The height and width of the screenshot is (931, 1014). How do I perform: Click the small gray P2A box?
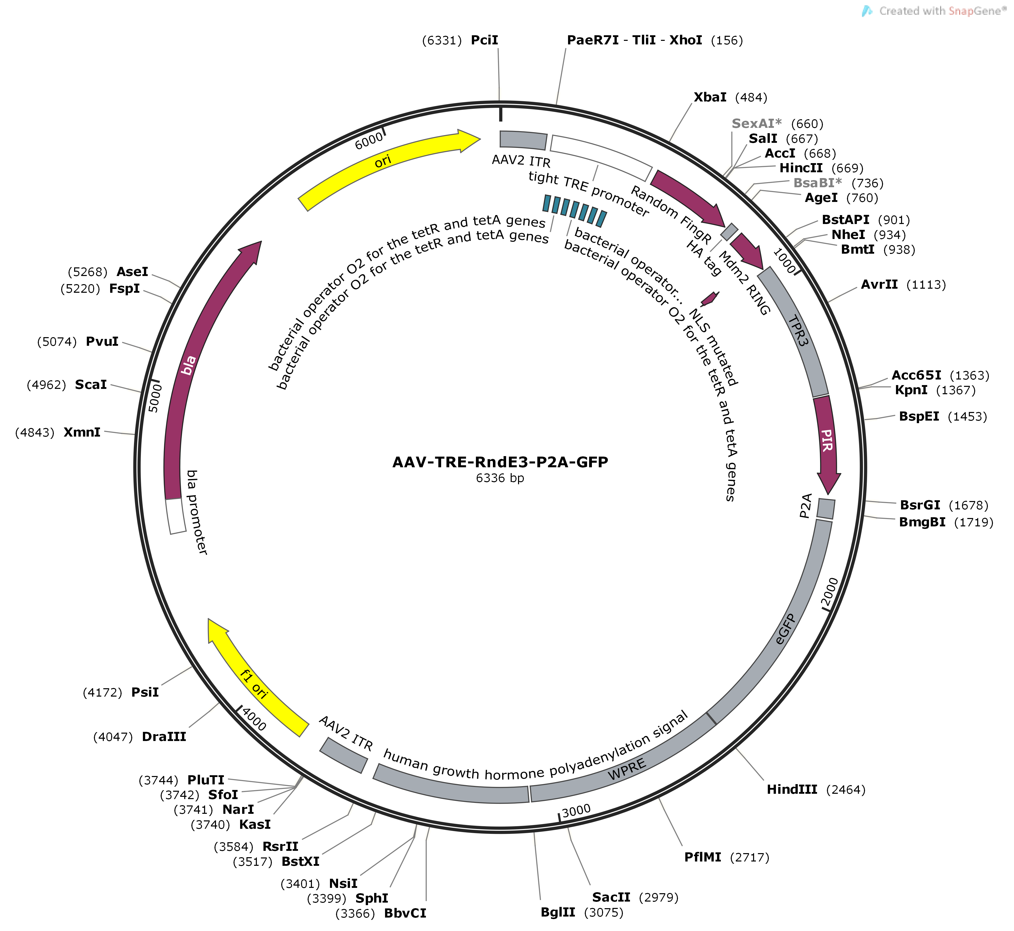pos(826,509)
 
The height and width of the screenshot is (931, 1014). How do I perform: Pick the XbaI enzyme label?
pos(710,97)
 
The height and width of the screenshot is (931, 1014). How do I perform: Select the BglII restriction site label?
pos(558,912)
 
